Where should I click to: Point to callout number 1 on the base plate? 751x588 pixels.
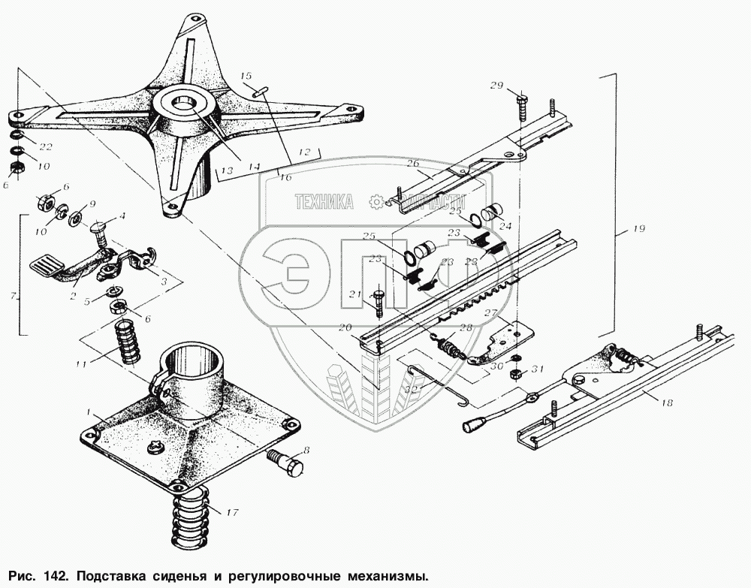[x=89, y=412]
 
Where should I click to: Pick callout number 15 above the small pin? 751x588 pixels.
[x=246, y=76]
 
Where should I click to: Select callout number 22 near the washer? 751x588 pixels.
[x=47, y=146]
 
